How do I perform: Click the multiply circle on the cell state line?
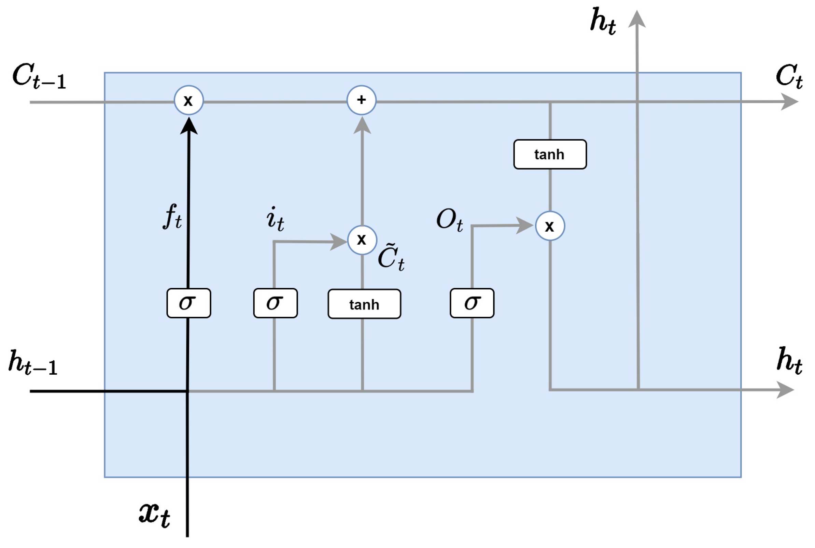click(x=188, y=100)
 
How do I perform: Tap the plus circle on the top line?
click(x=361, y=100)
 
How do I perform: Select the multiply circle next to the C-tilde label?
click(x=362, y=240)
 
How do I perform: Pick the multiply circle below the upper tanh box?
click(x=550, y=226)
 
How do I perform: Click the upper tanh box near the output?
click(x=550, y=154)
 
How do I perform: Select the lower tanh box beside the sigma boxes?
click(x=364, y=304)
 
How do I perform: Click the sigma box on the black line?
click(x=188, y=303)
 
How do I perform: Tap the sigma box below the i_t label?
click(x=275, y=303)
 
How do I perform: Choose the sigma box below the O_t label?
click(x=472, y=303)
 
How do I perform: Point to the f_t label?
click(x=172, y=217)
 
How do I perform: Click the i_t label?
click(x=275, y=219)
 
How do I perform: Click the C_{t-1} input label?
click(x=39, y=76)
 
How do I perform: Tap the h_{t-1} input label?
click(x=32, y=362)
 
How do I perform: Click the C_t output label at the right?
click(x=789, y=76)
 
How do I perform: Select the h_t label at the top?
click(x=602, y=22)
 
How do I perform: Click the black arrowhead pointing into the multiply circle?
click(x=188, y=126)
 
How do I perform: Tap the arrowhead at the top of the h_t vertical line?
click(x=637, y=19)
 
